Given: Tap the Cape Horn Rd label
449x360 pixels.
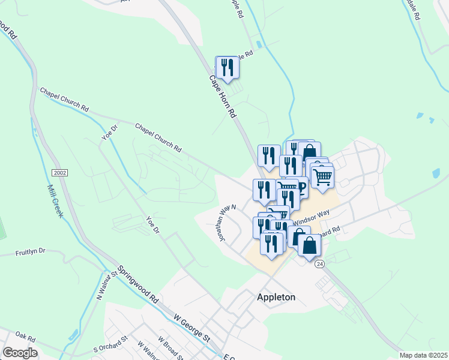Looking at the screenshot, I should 223,96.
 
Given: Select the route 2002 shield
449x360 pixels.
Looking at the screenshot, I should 59,173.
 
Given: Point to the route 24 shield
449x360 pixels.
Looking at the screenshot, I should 319,264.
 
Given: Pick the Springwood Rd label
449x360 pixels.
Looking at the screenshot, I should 137,284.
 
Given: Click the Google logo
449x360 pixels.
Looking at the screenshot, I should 20,353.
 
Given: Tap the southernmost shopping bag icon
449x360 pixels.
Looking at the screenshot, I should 309,246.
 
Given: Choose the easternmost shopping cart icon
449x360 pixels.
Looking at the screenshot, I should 323,177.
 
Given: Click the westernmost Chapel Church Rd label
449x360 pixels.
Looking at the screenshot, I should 64,100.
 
